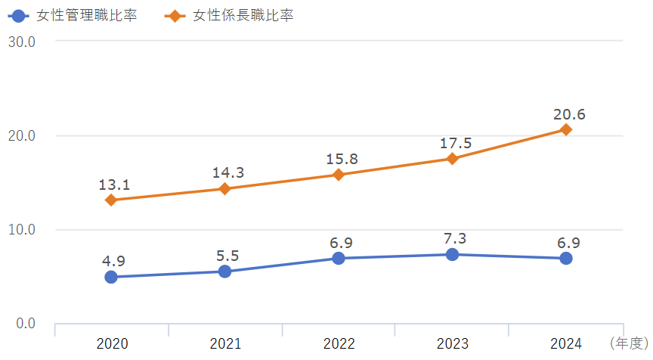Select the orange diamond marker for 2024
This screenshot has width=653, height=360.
[565, 129]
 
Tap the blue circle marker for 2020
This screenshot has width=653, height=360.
[111, 277]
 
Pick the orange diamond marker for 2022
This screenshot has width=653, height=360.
[339, 175]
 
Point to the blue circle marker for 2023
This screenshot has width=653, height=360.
[452, 254]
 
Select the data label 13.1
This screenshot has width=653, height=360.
[114, 185]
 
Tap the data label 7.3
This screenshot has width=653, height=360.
[454, 238]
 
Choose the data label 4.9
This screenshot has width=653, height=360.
[113, 262]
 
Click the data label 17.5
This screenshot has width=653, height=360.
[455, 144]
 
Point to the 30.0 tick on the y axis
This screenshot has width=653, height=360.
[22, 42]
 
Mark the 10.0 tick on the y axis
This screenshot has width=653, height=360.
[22, 230]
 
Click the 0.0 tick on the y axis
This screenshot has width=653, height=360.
[25, 324]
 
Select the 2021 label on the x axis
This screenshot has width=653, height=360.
[225, 344]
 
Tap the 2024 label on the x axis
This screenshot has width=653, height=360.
[565, 344]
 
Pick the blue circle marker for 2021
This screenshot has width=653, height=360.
[224, 272]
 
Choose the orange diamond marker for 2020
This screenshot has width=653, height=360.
[111, 200]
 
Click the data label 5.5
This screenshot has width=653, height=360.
[227, 256]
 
